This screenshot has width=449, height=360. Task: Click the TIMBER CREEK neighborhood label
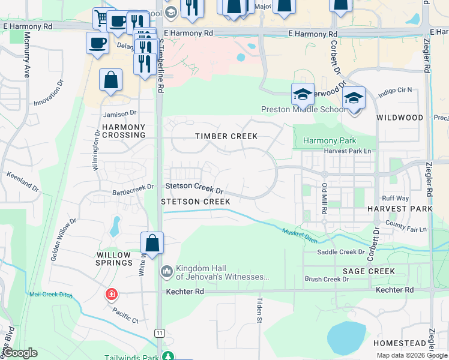tap(226, 136)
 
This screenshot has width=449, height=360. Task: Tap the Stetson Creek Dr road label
tap(194, 188)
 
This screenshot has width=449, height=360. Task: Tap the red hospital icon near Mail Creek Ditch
tap(110, 294)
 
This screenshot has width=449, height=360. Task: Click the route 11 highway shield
tap(159, 332)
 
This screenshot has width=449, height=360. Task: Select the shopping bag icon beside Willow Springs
tap(152, 244)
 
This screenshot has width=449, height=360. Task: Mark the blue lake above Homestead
tap(346, 337)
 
